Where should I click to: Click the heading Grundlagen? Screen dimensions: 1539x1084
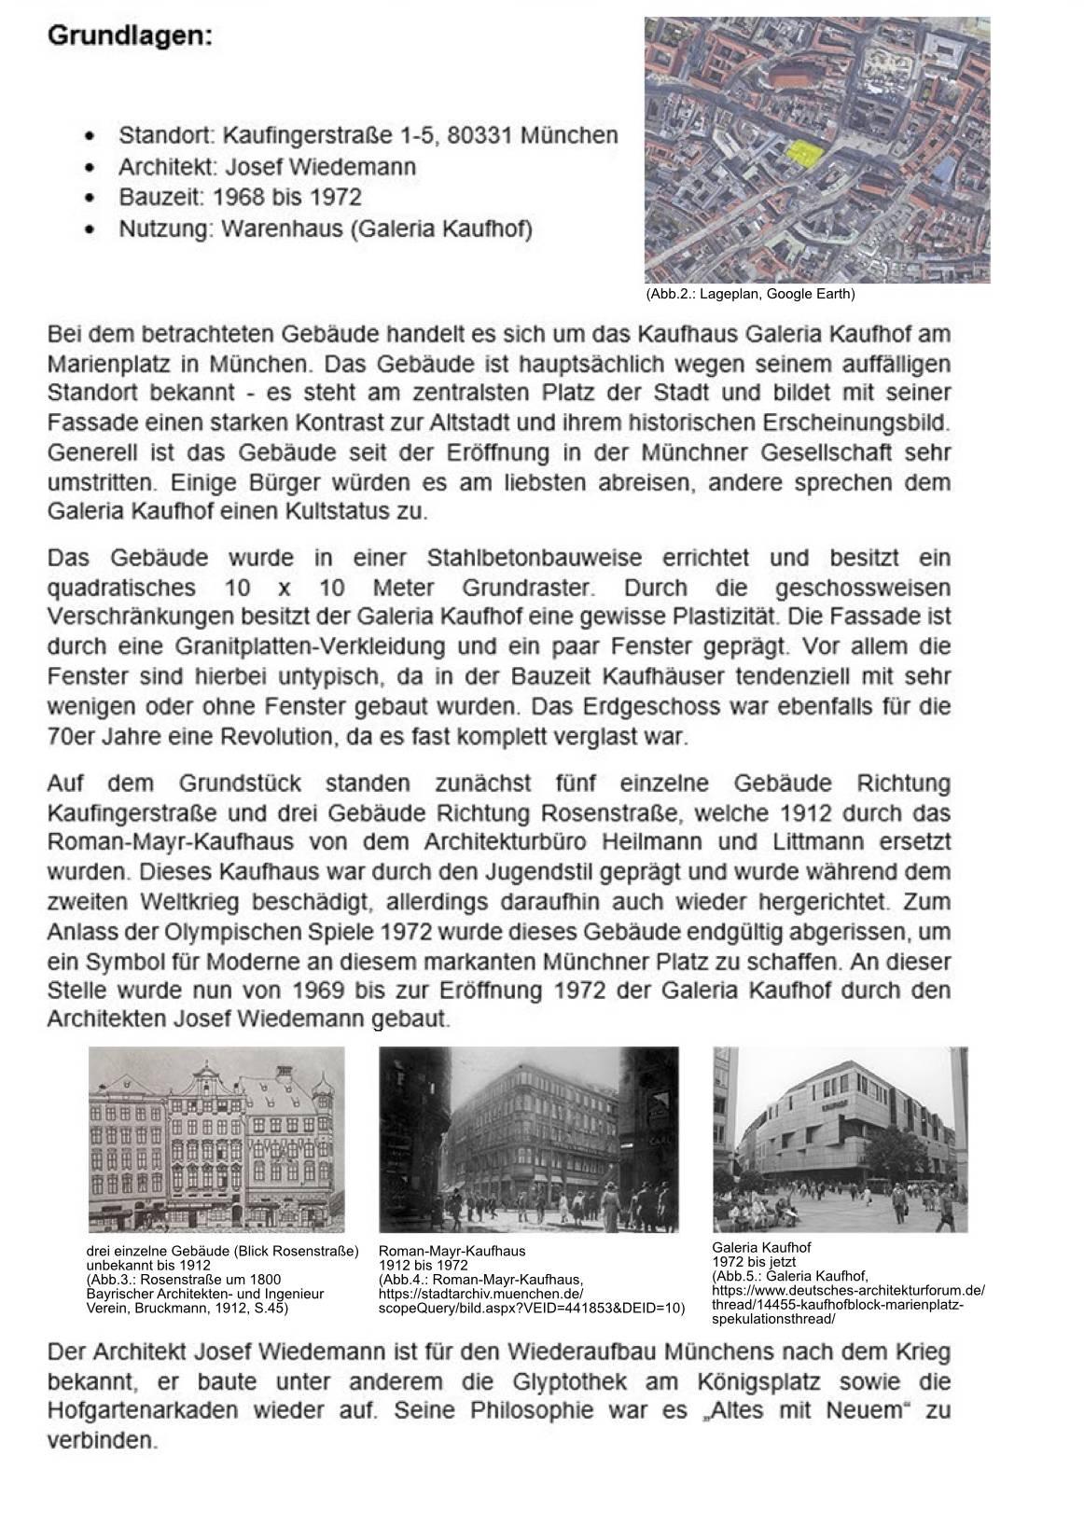130,36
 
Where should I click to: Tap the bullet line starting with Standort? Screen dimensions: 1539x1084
368,136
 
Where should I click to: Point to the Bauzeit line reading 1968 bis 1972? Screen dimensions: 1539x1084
240,198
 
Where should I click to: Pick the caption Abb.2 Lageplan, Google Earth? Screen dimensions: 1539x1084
749,295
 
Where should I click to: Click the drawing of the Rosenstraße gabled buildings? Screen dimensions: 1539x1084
216,1139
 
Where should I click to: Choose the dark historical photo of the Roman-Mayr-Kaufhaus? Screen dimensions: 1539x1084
528,1139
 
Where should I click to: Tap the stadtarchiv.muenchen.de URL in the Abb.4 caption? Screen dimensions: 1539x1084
481,1294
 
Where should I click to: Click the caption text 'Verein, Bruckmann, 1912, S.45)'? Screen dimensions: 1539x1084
187,1308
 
